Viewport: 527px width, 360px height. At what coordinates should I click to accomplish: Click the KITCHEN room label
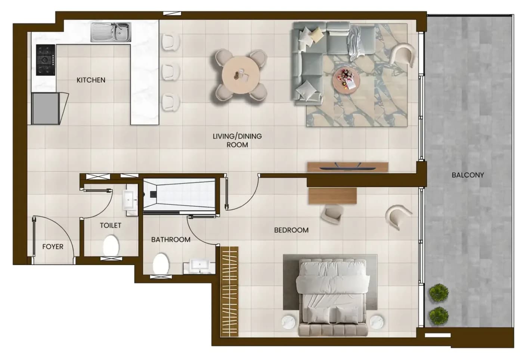(91, 80)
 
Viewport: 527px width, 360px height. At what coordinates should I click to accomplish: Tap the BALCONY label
(468, 175)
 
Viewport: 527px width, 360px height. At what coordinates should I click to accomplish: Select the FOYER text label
(53, 246)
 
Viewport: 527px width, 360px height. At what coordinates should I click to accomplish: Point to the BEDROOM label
(291, 230)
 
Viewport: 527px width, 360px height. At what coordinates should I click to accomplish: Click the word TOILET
(111, 226)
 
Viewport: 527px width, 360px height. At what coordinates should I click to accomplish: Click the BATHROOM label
(171, 240)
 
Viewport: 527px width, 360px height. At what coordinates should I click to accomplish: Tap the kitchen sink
(111, 32)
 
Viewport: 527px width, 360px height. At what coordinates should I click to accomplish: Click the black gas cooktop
(46, 60)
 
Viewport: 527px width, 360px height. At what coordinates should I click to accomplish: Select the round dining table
(241, 75)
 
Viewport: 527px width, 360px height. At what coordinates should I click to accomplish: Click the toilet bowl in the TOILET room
(111, 246)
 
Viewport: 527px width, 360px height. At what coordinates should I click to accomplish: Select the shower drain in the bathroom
(153, 194)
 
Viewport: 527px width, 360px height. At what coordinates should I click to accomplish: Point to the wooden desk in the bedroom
(332, 196)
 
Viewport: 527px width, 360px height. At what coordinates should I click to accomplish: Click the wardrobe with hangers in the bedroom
(229, 292)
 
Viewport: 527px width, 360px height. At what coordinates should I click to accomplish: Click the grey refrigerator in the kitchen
(46, 108)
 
